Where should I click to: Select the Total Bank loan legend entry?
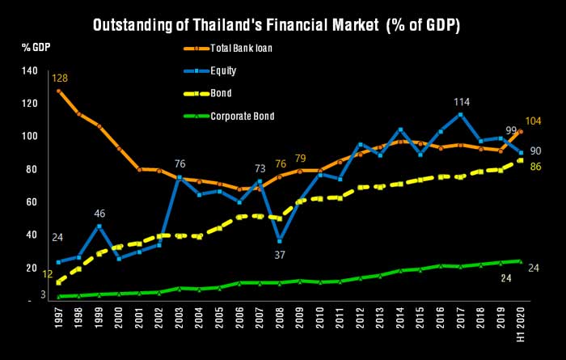[228, 48]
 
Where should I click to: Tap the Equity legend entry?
[209, 70]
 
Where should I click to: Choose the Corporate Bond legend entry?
[229, 116]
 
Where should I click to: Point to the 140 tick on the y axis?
[30, 70]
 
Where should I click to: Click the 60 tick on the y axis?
[32, 202]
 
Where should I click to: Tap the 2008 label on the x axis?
[279, 318]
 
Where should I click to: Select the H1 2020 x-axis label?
[520, 323]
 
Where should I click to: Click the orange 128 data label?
[60, 78]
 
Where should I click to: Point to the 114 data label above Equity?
[462, 103]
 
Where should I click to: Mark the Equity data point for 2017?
[460, 115]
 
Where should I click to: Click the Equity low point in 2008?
[280, 241]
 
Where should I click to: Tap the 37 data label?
[280, 256]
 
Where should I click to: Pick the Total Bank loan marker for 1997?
[58, 91]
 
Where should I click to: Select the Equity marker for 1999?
[99, 227]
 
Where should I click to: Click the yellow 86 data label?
[535, 167]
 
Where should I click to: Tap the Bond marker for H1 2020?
[521, 160]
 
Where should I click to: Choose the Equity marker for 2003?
[180, 178]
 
